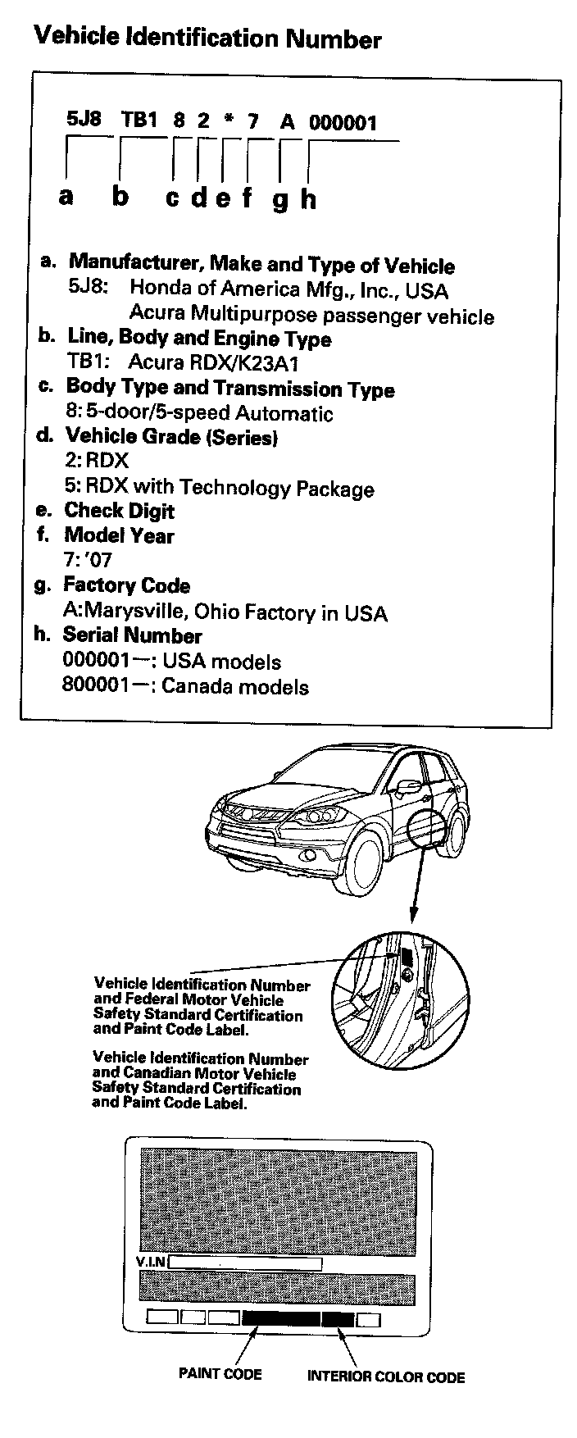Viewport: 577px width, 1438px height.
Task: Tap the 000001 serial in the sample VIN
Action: (x=343, y=123)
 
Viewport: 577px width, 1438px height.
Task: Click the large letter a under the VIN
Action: (x=66, y=196)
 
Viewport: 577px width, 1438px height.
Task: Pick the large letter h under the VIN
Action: (x=307, y=198)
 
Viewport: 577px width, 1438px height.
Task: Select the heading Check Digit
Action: (x=119, y=511)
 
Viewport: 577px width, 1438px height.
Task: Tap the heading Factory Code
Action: (x=126, y=585)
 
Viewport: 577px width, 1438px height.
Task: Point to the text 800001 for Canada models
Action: (x=94, y=686)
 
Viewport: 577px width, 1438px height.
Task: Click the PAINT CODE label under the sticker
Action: (x=220, y=1373)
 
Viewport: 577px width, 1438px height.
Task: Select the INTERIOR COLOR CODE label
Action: (x=385, y=1377)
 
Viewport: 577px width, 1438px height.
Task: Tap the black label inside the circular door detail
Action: (x=406, y=956)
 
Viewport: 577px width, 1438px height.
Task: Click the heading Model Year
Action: (x=119, y=535)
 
